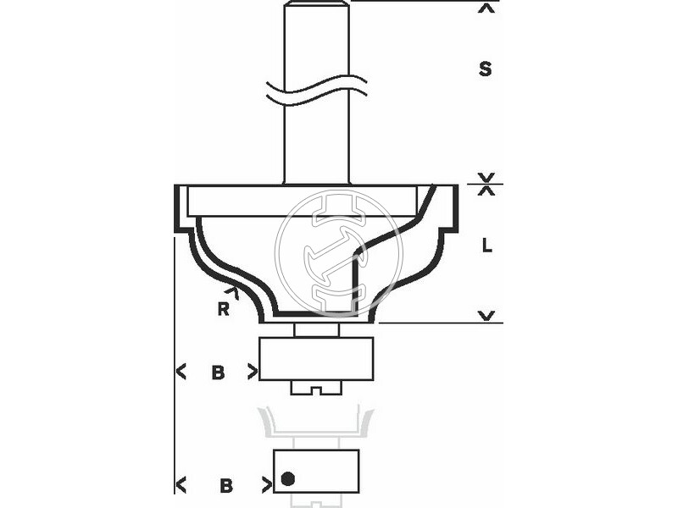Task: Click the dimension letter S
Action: click(485, 69)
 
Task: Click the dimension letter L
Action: click(486, 246)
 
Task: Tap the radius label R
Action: click(223, 309)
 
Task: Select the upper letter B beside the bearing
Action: click(218, 372)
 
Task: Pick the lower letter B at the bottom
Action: click(226, 485)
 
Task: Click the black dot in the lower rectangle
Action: click(287, 478)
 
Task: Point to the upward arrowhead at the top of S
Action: click(486, 8)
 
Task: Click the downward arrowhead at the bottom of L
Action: click(486, 316)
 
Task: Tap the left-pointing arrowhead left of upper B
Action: click(181, 372)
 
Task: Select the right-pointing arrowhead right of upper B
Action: click(253, 372)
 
